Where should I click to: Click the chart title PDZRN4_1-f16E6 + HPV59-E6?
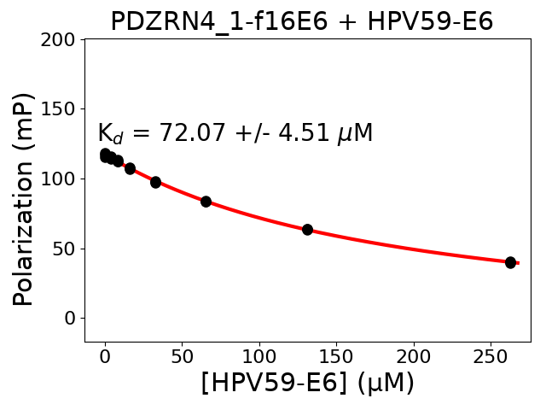301,21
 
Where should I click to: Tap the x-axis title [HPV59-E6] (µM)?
307,383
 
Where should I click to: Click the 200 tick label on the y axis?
59,39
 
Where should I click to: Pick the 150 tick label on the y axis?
59,109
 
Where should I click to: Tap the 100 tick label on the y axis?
59,179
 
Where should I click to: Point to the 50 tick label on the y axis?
64,249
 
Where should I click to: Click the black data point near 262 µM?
510,262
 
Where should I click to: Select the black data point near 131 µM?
307,230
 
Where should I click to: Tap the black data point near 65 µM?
206,202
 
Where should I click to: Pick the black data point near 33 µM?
155,182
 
